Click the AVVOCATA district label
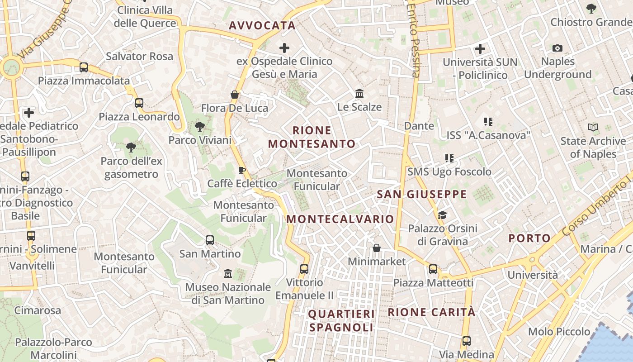(262, 25)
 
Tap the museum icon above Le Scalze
(360, 94)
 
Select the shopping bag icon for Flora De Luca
(235, 95)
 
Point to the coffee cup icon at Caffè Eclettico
(242, 170)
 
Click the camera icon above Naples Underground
(557, 48)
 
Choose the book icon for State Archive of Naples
(593, 128)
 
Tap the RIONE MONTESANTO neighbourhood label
(312, 137)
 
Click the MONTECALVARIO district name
(340, 219)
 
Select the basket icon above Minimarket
(376, 248)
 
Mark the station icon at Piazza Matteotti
(433, 269)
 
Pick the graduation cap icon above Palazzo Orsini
(442, 215)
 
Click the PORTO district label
(530, 238)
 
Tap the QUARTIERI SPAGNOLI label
(341, 320)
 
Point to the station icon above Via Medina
(466, 341)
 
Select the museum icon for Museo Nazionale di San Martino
(228, 273)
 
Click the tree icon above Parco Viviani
(199, 127)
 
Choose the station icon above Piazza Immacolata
(84, 67)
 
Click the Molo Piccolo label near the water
(559, 332)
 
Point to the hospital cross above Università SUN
(480, 48)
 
